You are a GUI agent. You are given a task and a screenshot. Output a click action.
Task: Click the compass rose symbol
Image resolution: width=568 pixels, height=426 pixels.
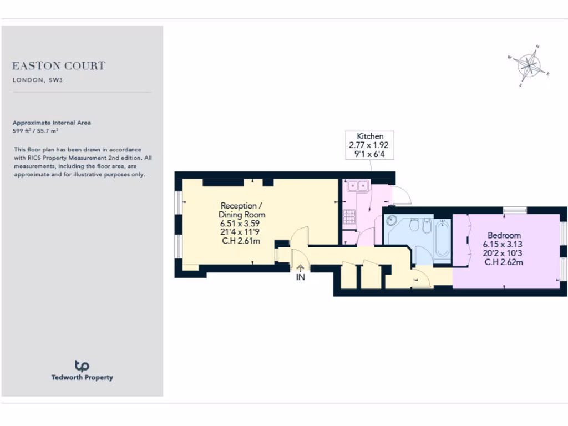point(530,66)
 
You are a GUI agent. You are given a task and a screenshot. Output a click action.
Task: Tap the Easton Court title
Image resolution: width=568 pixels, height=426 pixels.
point(58,66)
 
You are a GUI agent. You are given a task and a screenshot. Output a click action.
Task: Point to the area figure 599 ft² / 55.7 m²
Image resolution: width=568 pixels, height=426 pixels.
point(35,131)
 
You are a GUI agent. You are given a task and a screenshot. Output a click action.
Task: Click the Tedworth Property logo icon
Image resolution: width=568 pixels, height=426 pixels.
point(82,365)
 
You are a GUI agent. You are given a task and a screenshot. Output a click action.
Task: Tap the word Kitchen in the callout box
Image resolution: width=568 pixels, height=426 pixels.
point(369,136)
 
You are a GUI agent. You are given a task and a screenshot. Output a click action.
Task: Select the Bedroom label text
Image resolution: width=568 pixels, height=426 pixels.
point(504,235)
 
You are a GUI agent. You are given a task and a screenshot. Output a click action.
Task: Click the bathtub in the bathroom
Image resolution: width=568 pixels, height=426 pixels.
point(442,239)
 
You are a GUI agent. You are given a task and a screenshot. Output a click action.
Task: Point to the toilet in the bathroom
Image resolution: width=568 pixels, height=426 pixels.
point(413,225)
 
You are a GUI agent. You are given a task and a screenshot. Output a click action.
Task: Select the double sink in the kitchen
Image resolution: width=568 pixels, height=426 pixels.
point(358,186)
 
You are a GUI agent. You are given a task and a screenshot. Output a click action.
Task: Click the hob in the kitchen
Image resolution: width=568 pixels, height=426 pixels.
point(349,216)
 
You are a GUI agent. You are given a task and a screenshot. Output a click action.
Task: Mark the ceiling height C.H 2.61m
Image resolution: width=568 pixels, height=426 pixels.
point(242,241)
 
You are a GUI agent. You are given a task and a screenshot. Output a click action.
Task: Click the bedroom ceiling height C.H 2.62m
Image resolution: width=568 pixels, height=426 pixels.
point(504,262)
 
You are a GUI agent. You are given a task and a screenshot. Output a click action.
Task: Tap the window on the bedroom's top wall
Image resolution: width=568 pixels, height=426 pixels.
point(514,210)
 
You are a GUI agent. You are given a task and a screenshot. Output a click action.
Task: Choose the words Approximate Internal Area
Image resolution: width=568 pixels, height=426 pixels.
point(52,123)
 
